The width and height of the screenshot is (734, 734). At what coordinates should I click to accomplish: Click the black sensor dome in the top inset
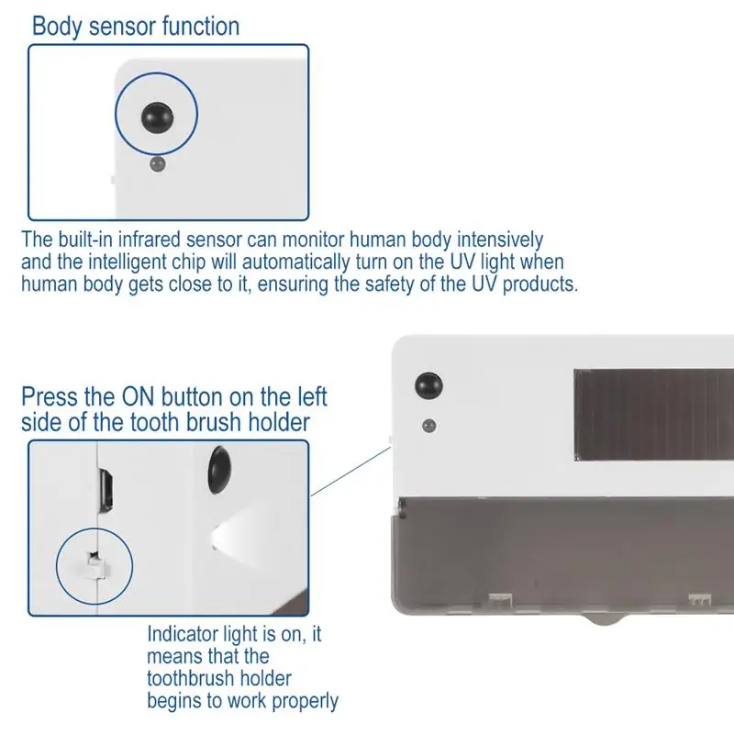click(156, 116)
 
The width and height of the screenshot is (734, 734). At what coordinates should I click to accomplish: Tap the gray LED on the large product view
click(427, 426)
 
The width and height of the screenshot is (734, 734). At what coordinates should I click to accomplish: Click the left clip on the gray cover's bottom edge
click(499, 597)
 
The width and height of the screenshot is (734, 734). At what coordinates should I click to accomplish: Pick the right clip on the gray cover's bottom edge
click(700, 597)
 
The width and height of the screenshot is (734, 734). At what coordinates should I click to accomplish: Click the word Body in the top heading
click(52, 26)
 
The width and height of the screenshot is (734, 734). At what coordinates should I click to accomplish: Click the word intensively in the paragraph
click(495, 240)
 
